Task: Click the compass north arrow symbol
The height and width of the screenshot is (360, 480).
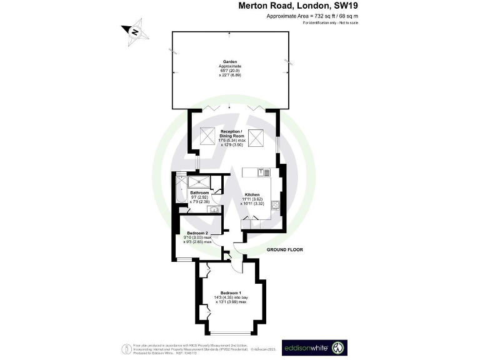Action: pos(134,31)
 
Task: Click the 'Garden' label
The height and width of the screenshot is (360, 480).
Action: pos(230,61)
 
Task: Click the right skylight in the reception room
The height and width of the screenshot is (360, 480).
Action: pos(255,136)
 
